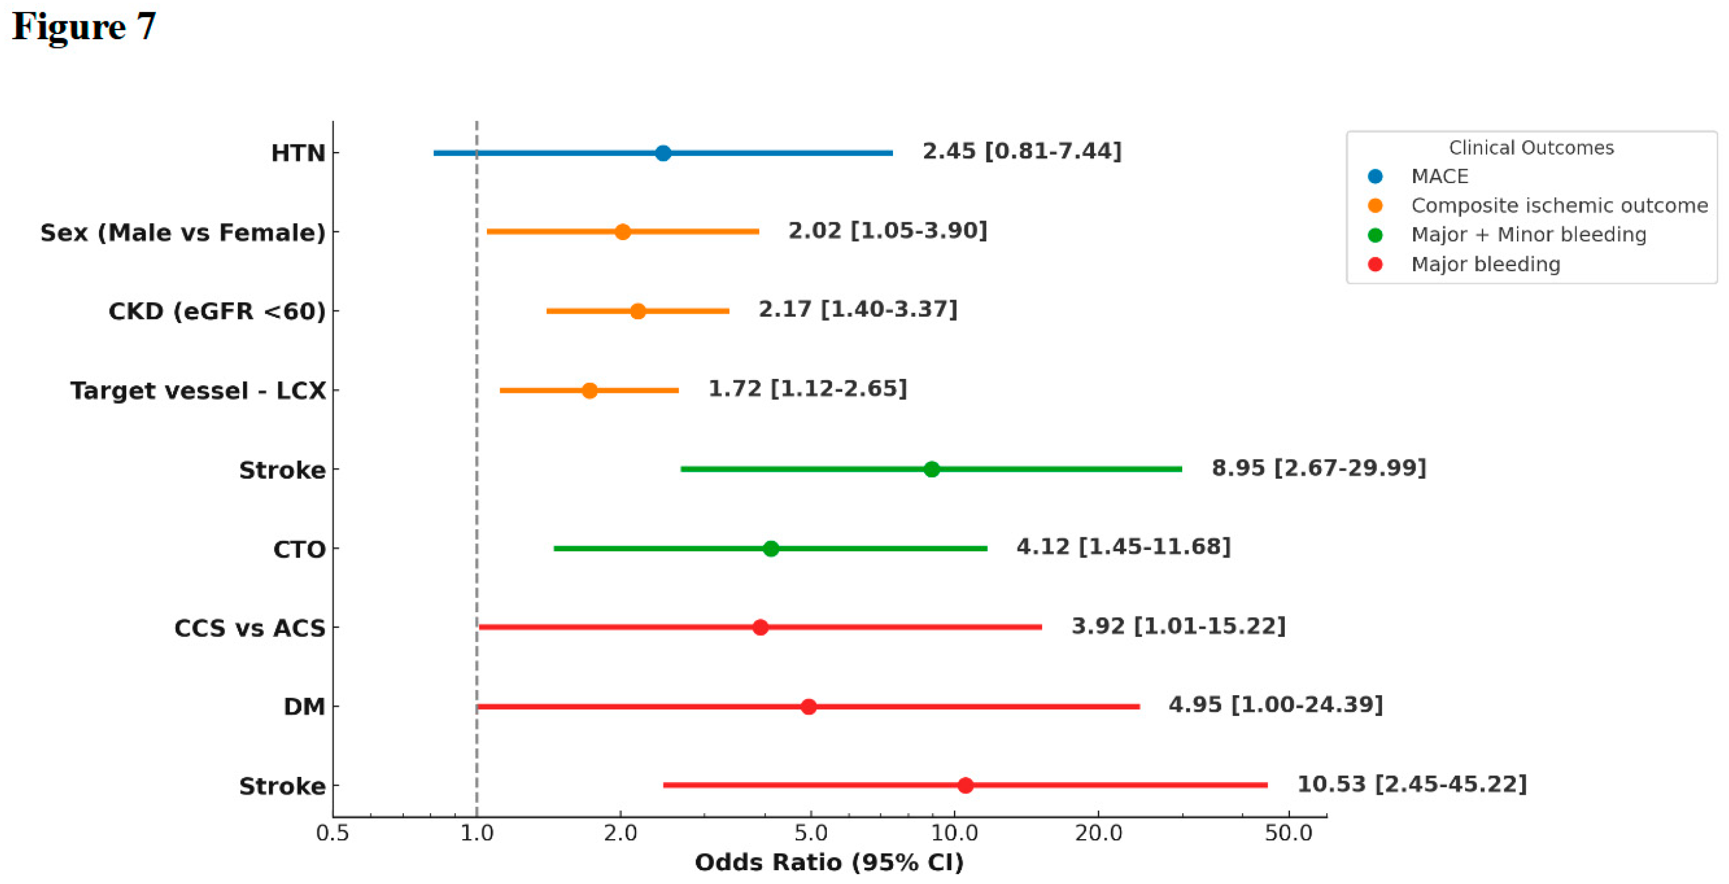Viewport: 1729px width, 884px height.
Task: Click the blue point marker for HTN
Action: tap(663, 153)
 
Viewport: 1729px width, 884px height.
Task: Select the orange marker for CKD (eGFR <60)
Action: tap(638, 311)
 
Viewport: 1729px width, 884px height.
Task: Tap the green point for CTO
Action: tap(770, 549)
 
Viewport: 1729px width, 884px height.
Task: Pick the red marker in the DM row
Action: tap(808, 706)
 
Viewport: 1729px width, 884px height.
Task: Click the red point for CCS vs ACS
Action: tap(760, 627)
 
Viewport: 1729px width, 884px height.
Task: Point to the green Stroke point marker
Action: tap(931, 469)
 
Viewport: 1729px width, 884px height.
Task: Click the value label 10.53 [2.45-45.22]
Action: tap(1412, 783)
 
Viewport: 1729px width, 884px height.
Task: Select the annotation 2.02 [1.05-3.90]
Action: tap(887, 231)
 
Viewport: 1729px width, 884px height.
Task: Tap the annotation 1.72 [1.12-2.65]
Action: tap(807, 388)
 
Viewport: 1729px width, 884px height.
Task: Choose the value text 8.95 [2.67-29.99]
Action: tap(1318, 468)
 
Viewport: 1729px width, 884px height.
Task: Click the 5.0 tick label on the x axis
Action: tap(811, 833)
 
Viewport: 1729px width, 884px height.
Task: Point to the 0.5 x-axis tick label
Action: tap(333, 833)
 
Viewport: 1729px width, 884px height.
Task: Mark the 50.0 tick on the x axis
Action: tap(1288, 833)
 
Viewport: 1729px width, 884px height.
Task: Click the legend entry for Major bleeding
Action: tap(1485, 264)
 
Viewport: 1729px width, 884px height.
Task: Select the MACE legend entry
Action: tap(1439, 176)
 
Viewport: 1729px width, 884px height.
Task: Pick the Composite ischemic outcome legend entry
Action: tap(1558, 205)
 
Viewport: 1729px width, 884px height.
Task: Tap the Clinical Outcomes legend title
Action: tap(1531, 147)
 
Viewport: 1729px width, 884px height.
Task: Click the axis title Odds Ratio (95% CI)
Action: tap(829, 863)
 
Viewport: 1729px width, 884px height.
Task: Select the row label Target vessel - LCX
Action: tap(198, 390)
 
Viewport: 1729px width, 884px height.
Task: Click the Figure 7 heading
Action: tap(85, 27)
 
